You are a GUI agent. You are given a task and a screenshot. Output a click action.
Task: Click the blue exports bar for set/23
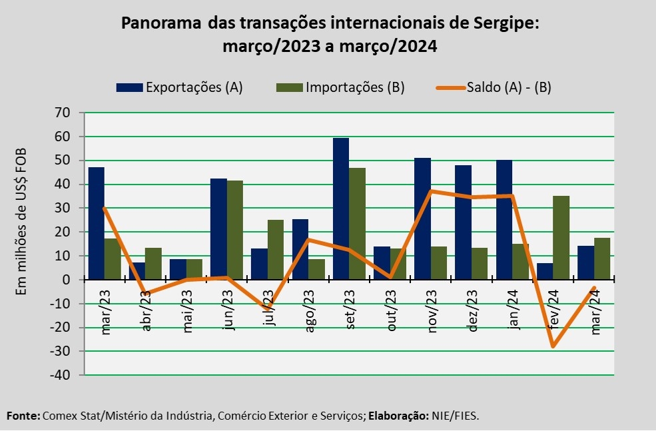[341, 209]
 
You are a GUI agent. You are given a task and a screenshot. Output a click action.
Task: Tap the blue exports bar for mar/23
[97, 223]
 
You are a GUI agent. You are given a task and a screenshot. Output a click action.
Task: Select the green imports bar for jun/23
[235, 230]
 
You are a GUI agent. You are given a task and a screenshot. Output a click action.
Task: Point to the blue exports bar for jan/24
[504, 220]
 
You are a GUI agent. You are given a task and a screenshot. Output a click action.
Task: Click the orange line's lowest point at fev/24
[553, 346]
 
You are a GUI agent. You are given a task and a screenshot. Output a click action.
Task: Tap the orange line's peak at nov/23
[431, 191]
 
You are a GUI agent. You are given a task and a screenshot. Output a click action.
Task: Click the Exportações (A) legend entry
[179, 87]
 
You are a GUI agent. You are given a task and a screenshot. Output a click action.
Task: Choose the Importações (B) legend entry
[340, 87]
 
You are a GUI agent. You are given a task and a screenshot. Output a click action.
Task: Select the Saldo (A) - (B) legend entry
[493, 87]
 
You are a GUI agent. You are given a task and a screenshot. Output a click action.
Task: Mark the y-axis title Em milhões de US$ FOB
[21, 220]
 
